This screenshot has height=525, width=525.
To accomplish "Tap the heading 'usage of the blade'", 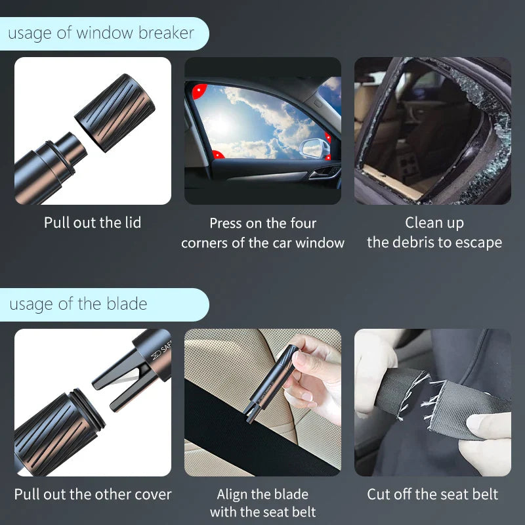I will (78, 304).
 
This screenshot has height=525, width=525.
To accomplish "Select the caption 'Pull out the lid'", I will (93, 222).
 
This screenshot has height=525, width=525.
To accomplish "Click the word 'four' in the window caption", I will (304, 223).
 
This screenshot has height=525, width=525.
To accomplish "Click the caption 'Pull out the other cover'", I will (93, 494).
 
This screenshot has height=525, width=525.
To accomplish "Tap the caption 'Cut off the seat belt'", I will (432, 494).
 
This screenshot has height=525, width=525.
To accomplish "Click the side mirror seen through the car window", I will (313, 148).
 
